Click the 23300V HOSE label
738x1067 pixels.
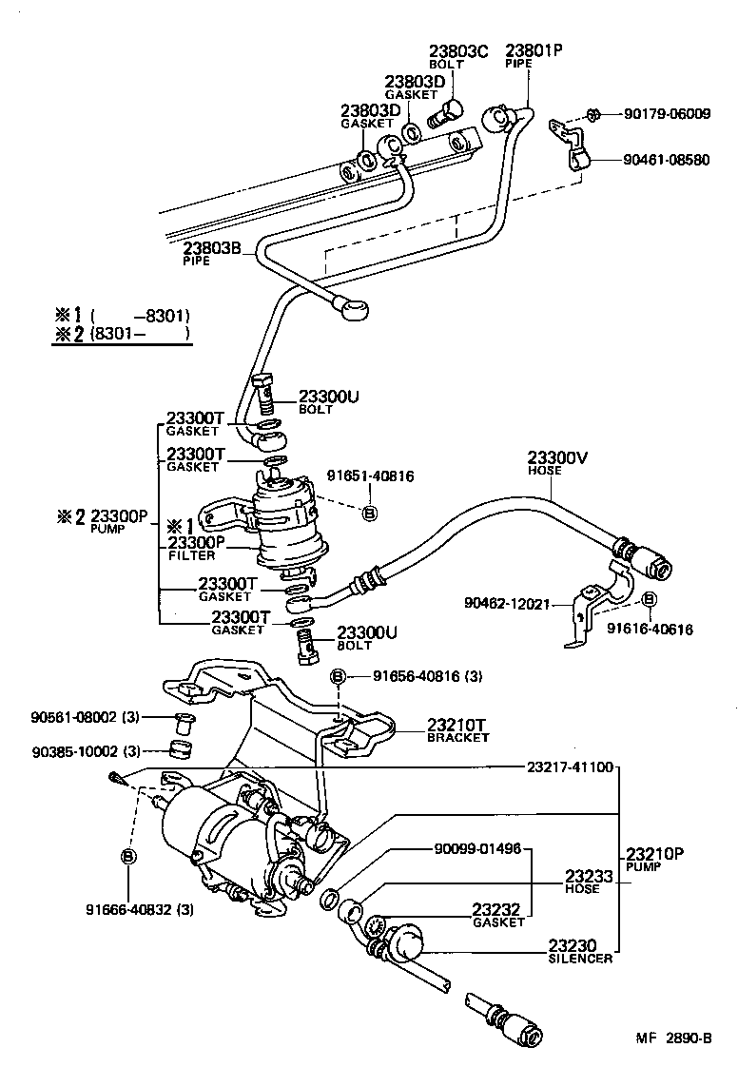click(x=558, y=462)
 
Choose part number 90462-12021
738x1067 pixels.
click(x=507, y=603)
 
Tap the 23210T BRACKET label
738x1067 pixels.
click(x=457, y=729)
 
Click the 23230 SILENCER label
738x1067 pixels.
click(x=580, y=951)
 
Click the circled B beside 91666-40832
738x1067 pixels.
click(x=128, y=857)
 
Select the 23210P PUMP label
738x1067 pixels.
click(x=655, y=860)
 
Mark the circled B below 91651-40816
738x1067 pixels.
click(x=370, y=514)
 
